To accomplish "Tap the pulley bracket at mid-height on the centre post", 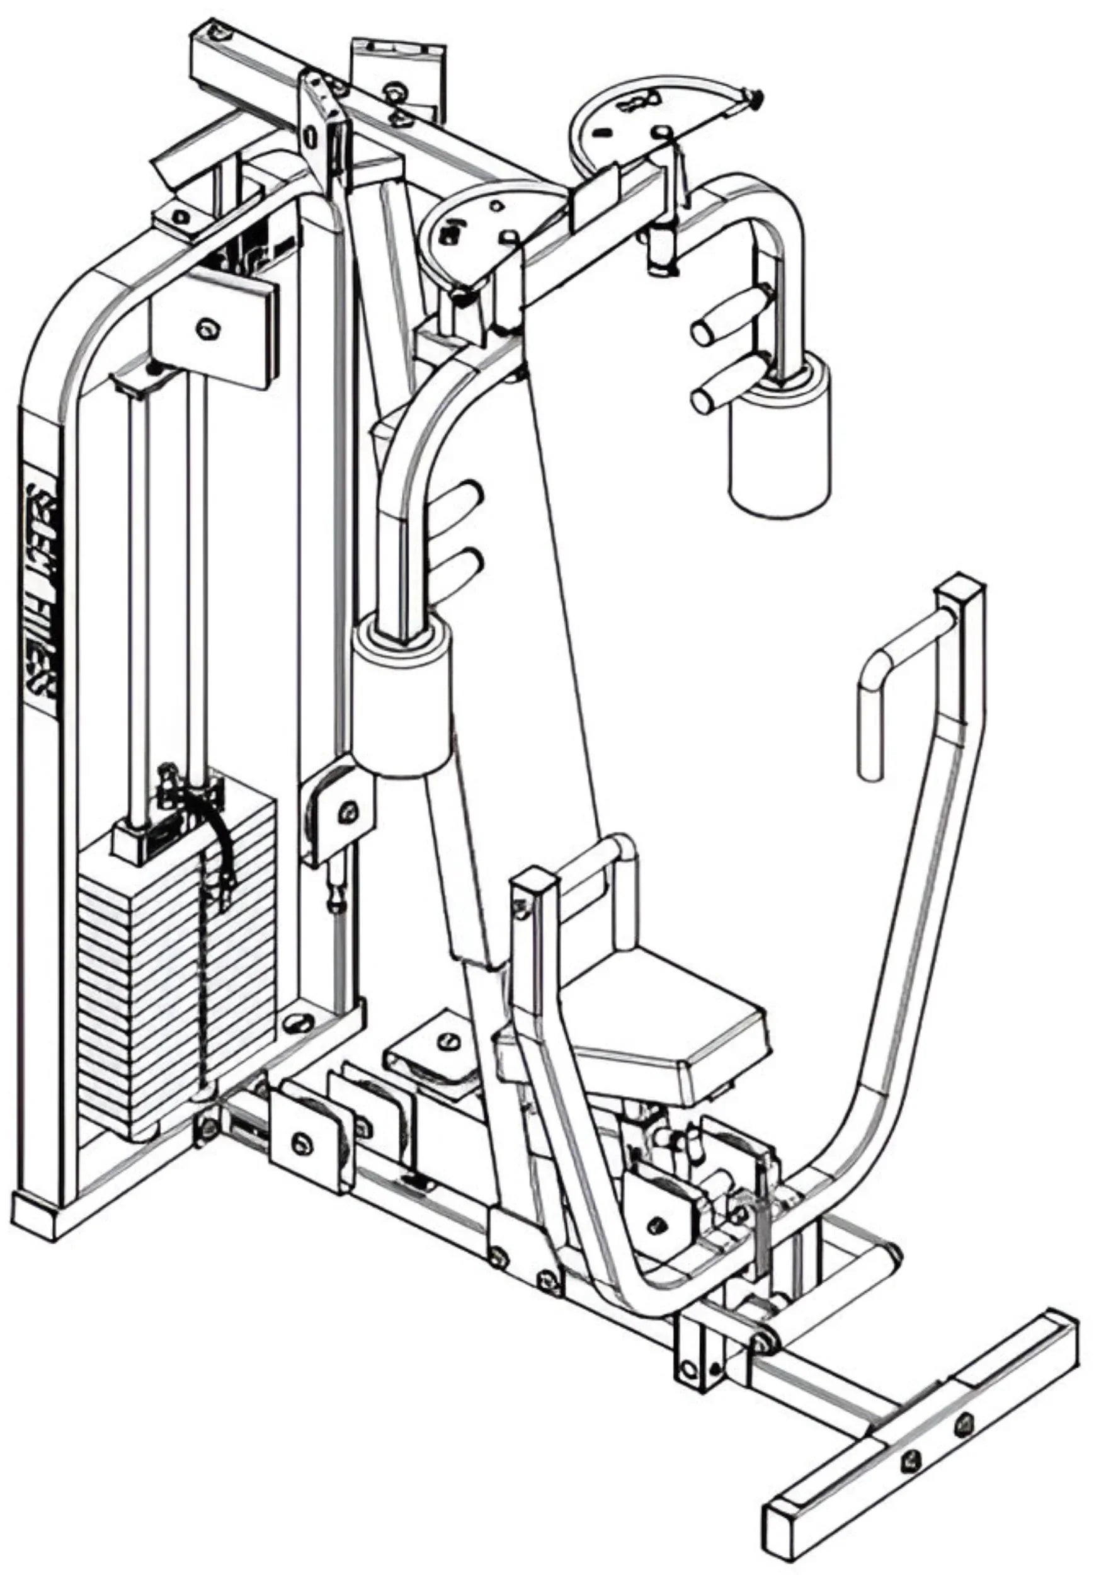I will tap(340, 816).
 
